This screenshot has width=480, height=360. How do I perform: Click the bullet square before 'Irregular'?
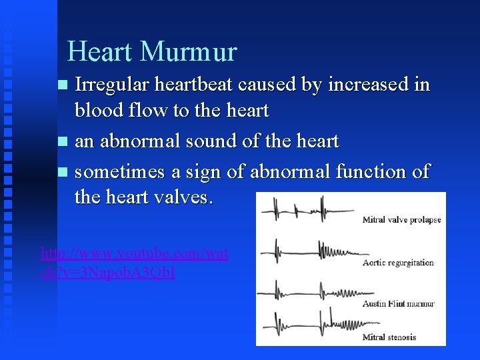63,85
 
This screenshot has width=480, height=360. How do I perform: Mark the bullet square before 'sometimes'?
63,172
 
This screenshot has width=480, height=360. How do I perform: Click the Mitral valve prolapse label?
401,220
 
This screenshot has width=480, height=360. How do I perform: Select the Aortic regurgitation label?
398,263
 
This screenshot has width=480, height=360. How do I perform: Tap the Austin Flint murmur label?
398,304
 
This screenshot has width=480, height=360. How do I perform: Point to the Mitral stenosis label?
389,337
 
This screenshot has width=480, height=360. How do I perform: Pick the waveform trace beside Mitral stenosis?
307,325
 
